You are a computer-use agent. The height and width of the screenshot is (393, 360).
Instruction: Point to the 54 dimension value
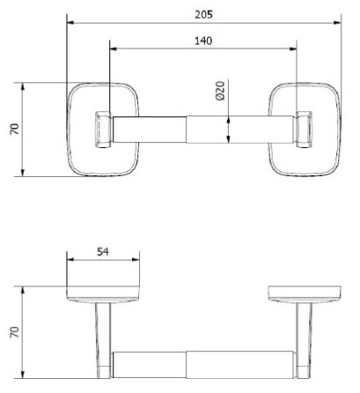[103, 252]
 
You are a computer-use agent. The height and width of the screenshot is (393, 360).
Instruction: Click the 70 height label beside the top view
[13, 130]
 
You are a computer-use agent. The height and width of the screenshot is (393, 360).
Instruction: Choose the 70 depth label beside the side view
[13, 333]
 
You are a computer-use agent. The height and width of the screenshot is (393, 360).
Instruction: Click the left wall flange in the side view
[104, 293]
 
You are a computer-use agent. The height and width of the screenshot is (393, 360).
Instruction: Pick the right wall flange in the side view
[305, 293]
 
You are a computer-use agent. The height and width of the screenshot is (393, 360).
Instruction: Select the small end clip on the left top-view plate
[102, 129]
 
